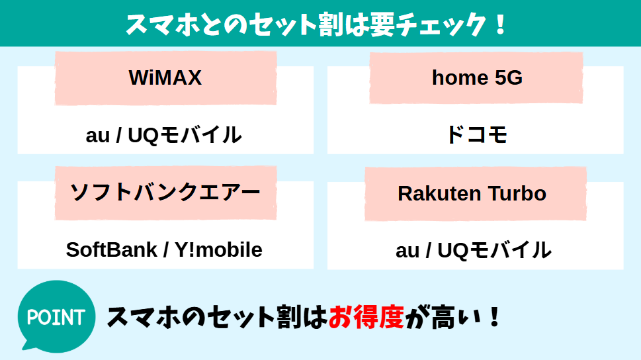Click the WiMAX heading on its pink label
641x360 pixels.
point(165,78)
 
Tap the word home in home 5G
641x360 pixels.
point(452,78)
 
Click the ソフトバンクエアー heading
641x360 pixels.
point(165,193)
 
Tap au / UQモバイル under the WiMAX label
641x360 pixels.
point(164,136)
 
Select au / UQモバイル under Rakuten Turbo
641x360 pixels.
point(474,250)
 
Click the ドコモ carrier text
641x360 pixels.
point(476,136)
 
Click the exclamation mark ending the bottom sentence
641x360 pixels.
point(493,318)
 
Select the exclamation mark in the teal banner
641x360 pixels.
point(500,24)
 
